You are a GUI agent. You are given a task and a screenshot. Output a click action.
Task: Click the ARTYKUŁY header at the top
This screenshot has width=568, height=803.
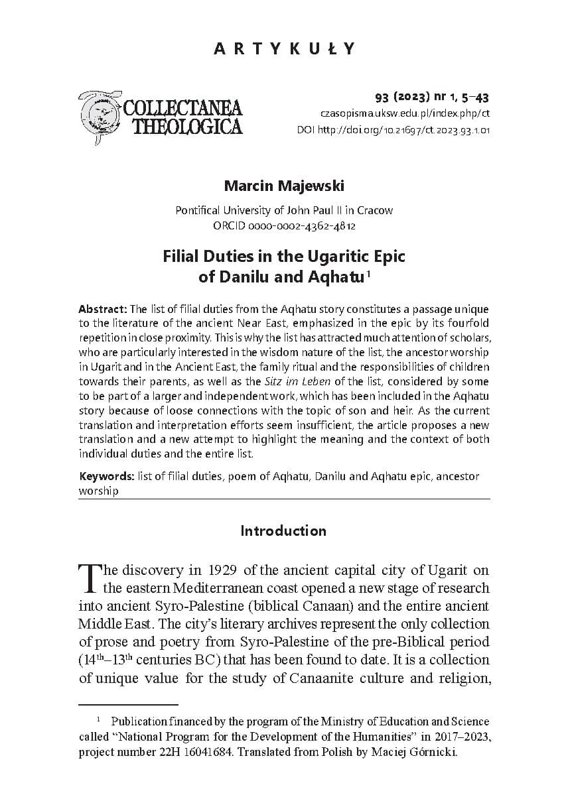[284, 48]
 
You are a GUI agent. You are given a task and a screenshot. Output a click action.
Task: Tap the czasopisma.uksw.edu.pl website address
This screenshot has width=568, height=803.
[405, 114]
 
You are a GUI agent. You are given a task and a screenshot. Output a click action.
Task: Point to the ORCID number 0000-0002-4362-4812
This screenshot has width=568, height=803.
[284, 225]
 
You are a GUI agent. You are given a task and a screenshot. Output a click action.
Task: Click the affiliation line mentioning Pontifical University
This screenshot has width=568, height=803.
[284, 210]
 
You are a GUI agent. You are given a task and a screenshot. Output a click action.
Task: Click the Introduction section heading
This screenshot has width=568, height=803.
[283, 530]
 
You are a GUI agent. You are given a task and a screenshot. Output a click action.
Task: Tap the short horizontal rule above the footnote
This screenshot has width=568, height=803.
[128, 704]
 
